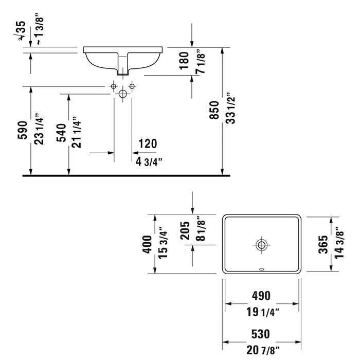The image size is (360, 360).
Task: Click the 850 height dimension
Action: [214, 110]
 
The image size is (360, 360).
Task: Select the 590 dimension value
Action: [23, 130]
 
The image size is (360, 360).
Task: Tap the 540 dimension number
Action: [62, 133]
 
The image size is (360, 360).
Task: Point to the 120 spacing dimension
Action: [148, 143]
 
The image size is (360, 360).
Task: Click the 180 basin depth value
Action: [184, 61]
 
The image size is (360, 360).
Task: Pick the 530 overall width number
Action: [261, 334]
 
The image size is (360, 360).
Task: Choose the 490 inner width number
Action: [261, 296]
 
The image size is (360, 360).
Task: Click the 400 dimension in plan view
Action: [147, 244]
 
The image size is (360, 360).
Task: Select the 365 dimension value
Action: [323, 244]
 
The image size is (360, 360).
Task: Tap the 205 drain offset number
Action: [185, 230]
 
